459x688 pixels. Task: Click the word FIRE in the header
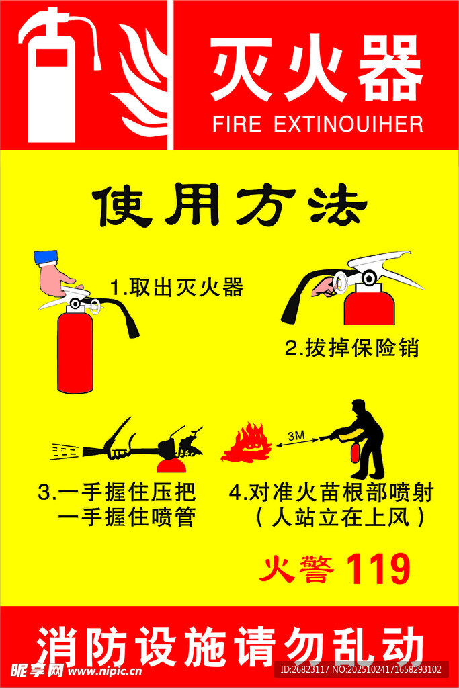pos(237,124)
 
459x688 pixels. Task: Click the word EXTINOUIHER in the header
pos(349,124)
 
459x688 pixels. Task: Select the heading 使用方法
pos(230,206)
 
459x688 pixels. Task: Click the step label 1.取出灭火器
pos(176,288)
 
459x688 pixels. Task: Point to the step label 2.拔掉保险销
pos(352,348)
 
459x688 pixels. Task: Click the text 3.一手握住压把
pos(117,492)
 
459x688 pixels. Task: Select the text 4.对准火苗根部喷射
pos(331,492)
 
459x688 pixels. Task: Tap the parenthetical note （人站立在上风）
pos(340,517)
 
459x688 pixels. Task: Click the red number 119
pos(378,568)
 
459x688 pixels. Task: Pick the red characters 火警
pos(297,569)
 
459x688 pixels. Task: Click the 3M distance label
pos(296,435)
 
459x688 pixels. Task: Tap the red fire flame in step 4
pos(247,443)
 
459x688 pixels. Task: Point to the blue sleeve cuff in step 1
pos(46,257)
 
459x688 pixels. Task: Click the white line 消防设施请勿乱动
pos(230,646)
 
